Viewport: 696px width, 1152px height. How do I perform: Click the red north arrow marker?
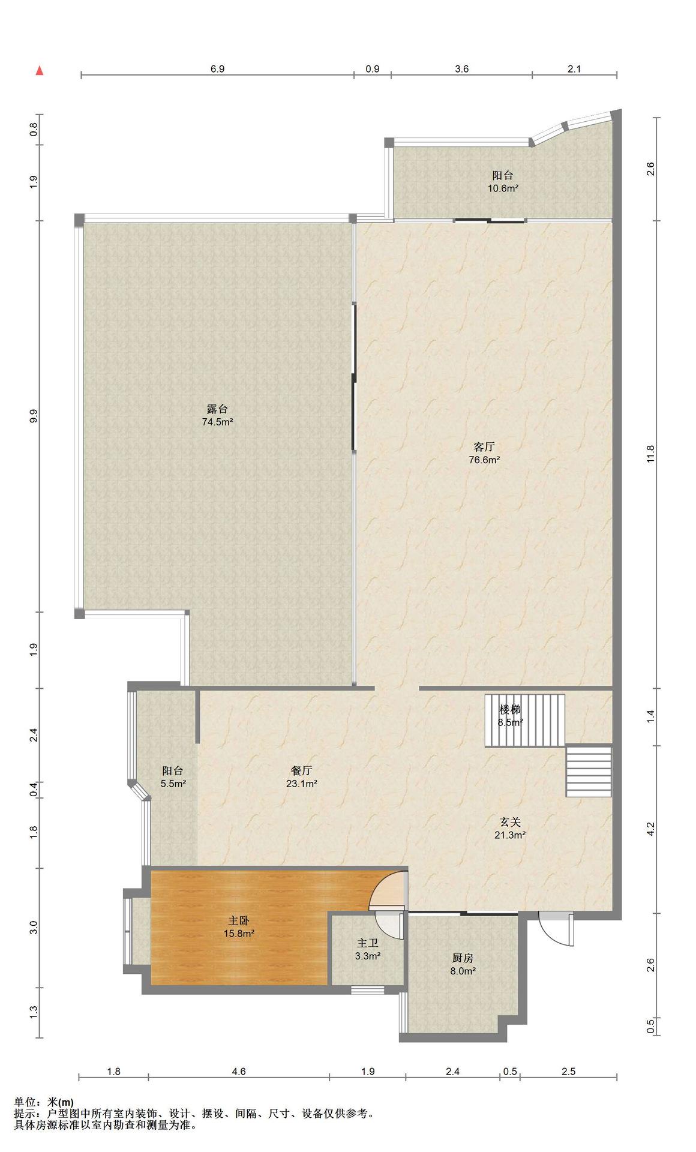[x=40, y=71]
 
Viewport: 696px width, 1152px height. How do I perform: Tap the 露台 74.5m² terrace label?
[x=217, y=415]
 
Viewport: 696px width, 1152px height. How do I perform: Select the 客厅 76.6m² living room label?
[x=484, y=454]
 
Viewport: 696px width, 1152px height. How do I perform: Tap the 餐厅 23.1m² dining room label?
[x=301, y=777]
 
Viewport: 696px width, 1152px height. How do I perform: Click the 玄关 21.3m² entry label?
[x=510, y=828]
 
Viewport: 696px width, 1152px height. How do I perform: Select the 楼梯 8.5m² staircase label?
[x=510, y=716]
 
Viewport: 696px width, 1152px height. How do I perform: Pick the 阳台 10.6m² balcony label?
[x=503, y=181]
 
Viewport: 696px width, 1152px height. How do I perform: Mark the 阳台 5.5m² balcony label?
[x=173, y=777]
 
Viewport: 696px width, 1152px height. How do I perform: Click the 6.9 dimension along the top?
[x=217, y=69]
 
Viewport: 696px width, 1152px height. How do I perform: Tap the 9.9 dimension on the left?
[x=34, y=416]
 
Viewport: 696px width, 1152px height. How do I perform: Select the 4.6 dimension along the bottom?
[x=239, y=1071]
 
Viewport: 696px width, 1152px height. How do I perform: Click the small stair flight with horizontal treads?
[x=589, y=771]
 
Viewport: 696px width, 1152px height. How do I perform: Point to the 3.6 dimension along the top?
[x=461, y=69]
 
